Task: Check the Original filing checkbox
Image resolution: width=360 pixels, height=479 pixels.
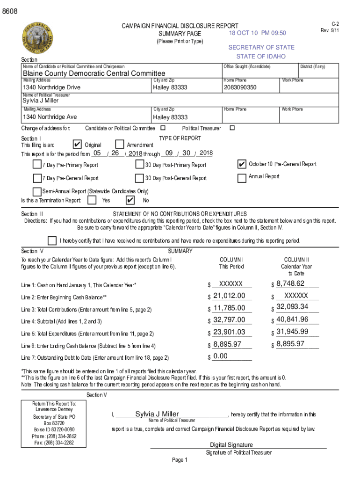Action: pos(79,145)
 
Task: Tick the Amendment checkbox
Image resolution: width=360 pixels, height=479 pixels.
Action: pos(119,145)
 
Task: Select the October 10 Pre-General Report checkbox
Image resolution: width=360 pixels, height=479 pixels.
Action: pos(242,164)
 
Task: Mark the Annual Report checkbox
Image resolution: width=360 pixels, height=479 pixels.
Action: pos(242,178)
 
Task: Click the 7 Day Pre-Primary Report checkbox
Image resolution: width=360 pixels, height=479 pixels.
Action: pos(37,164)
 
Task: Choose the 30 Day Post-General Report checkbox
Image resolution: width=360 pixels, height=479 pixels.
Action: pos(139,178)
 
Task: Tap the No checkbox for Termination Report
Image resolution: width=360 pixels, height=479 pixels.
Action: pos(130,200)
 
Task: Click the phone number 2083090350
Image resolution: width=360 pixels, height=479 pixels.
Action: pos(240,87)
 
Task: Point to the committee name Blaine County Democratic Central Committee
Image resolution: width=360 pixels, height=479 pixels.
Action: pos(94,73)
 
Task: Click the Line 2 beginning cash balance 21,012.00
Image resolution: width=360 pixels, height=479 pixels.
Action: pos(229,296)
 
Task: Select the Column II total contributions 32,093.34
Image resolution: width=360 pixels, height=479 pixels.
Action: pos(292,307)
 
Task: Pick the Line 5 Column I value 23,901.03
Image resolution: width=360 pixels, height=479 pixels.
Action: pos(229,332)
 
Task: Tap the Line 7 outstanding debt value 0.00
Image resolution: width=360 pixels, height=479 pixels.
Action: pos(220,356)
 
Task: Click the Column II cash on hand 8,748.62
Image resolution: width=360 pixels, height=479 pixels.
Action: pos(290,283)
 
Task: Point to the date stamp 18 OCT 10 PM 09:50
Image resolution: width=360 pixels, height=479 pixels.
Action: pos(257,33)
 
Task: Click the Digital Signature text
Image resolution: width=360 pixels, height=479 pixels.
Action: pos(231,445)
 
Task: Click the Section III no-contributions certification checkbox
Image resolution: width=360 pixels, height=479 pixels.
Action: pos(52,240)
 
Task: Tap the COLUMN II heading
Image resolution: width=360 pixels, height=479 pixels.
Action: pos(296,260)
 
